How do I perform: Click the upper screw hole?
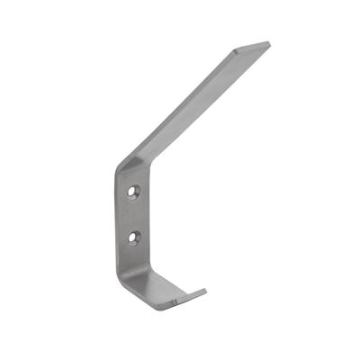[x=134, y=192]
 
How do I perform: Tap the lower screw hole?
[x=134, y=238]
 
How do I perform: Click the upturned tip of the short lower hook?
[x=200, y=292]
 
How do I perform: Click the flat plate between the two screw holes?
[x=134, y=215]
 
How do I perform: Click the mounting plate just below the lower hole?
[x=134, y=256]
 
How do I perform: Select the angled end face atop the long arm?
[x=251, y=46]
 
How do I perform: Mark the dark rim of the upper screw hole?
[x=130, y=191]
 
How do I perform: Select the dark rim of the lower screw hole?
[x=130, y=237]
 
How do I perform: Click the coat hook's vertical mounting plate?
[x=132, y=225]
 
